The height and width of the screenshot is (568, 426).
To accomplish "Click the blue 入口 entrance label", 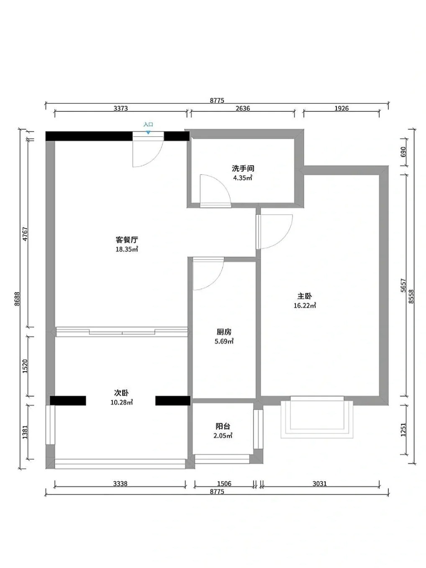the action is [148, 124].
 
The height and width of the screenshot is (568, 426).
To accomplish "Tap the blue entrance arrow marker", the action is [148, 132].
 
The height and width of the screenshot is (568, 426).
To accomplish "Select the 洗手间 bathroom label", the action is [243, 169].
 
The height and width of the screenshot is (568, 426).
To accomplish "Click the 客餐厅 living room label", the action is [126, 240].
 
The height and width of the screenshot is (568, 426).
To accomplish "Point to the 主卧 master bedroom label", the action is [304, 296].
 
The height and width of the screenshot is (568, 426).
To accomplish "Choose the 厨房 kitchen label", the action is [224, 332].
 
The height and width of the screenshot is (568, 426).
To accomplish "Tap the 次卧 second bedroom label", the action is [121, 393].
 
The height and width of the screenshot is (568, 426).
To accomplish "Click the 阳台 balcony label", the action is [223, 426].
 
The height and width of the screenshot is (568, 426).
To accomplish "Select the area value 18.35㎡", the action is [126, 249].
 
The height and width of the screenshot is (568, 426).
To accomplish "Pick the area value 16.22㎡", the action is [305, 306].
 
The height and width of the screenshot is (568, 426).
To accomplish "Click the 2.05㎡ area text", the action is [223, 436].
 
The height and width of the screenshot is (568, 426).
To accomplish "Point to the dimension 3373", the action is [121, 108].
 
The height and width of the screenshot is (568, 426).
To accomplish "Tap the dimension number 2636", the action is [243, 108].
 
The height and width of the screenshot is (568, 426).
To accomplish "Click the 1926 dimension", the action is [341, 108].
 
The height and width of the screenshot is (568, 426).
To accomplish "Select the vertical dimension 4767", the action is [25, 234].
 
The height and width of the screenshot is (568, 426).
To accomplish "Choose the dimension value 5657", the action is [403, 285].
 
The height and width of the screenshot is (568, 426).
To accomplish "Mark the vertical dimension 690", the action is [403, 152].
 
